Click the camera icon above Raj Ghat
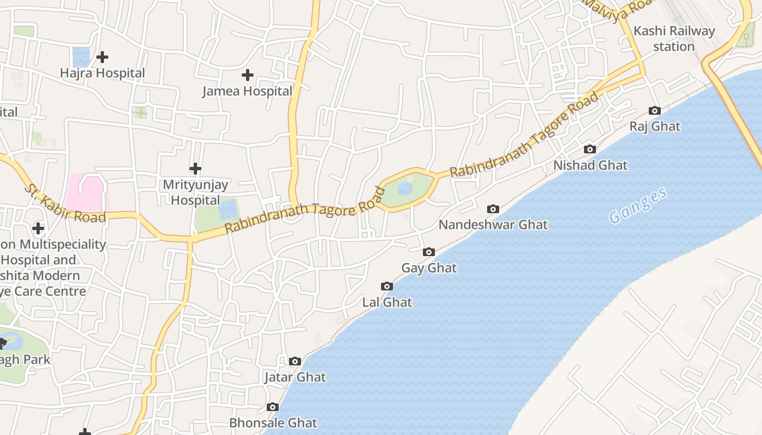(x=655, y=111)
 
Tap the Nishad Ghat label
(x=591, y=165)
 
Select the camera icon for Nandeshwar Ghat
(x=493, y=209)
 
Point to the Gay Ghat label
(x=429, y=268)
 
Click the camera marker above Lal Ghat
(x=387, y=287)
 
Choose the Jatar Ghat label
(x=295, y=377)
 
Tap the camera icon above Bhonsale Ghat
(x=273, y=407)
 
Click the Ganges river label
(x=638, y=206)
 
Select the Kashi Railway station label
(x=674, y=39)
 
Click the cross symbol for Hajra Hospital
(x=102, y=57)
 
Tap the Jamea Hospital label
(x=247, y=91)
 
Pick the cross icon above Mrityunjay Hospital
(x=195, y=169)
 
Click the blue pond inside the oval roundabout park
(x=405, y=189)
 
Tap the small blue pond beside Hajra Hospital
(x=81, y=57)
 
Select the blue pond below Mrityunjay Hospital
(x=229, y=209)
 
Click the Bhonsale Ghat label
(x=273, y=422)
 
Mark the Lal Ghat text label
(x=387, y=302)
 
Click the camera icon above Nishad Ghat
(x=589, y=150)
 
